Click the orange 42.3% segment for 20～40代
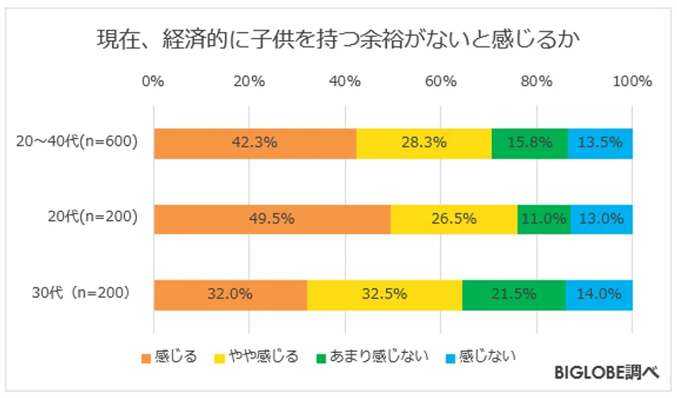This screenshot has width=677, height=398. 255,143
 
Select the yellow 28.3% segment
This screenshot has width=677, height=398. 424,143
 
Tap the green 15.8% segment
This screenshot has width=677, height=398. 530,143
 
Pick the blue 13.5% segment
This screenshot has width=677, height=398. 600,143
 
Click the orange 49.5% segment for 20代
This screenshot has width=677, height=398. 272,218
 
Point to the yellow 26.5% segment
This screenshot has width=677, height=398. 454,218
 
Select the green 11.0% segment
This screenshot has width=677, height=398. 544,218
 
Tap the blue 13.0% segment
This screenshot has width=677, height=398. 601,218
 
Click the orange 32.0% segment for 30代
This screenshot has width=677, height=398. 230,294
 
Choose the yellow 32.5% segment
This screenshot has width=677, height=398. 384,294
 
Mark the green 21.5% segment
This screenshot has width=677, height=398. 514,294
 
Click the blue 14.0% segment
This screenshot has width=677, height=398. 599,294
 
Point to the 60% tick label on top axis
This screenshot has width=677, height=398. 441,81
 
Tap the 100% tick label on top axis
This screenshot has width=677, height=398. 632,81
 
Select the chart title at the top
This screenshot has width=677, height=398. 338,39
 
